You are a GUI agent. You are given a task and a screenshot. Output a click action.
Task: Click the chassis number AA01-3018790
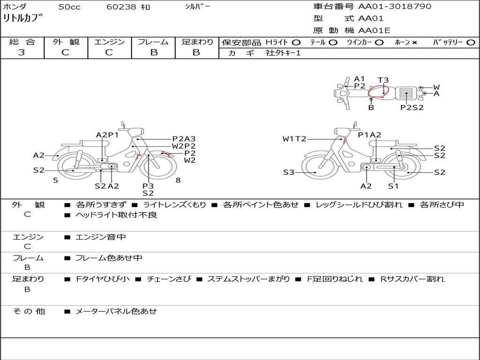(x=395, y=7)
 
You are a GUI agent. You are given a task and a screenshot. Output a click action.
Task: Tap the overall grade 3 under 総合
(x=22, y=52)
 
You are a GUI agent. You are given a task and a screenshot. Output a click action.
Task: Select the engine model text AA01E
(x=374, y=30)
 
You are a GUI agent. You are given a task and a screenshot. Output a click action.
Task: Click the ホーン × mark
(x=414, y=43)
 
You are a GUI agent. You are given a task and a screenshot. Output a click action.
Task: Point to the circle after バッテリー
(x=471, y=43)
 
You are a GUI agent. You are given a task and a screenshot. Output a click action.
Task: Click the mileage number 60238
(x=121, y=7)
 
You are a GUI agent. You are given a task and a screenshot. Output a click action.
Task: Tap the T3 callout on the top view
(x=383, y=80)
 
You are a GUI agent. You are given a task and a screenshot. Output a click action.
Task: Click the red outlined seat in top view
(x=378, y=91)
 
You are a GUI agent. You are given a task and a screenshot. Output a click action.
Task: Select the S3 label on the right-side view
(x=289, y=172)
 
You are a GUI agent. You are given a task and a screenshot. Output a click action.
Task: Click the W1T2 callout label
(x=294, y=139)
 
